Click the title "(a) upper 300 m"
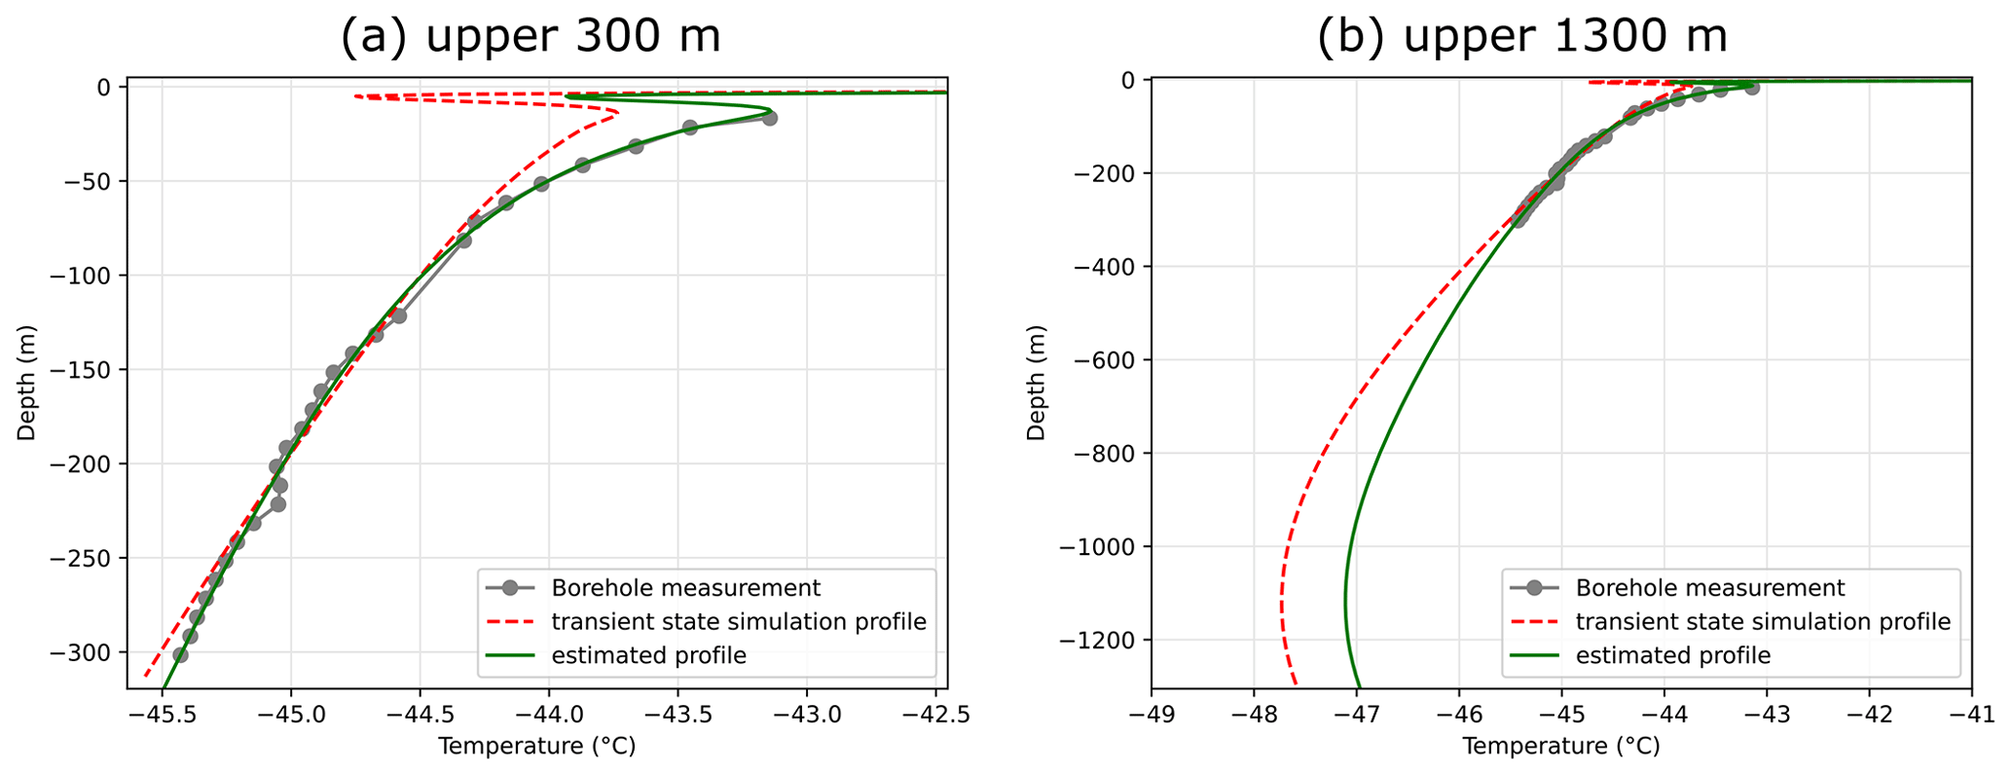coord(530,37)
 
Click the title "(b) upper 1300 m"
coord(1522,37)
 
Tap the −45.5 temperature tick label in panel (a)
coord(162,717)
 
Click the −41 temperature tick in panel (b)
coord(1971,717)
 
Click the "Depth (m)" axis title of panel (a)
coord(26,385)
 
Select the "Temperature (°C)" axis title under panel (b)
coord(1560,747)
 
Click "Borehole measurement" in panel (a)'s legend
coord(685,588)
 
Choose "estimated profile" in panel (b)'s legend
coord(1672,655)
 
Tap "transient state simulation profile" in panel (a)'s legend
coord(738,621)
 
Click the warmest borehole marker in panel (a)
coord(769,118)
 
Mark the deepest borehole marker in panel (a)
coord(180,655)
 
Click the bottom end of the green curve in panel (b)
coord(1360,687)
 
